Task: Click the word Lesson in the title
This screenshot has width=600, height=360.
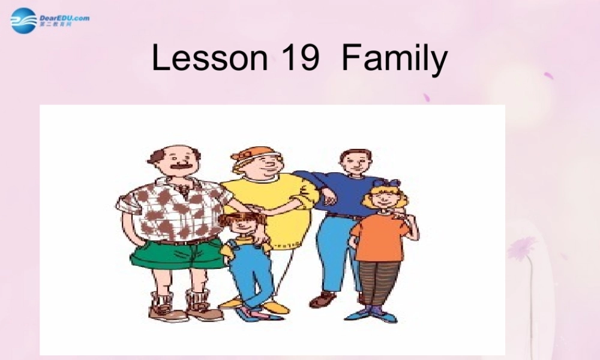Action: click(209, 59)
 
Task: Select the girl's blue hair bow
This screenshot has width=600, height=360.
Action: click(386, 184)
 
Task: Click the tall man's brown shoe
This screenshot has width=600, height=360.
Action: click(324, 298)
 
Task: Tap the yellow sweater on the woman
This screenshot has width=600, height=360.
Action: click(282, 204)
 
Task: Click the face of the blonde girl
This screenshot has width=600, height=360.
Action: click(385, 199)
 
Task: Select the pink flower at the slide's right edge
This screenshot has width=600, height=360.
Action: click(522, 247)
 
